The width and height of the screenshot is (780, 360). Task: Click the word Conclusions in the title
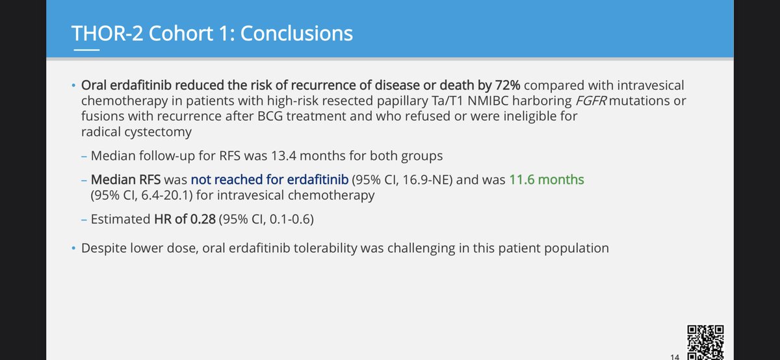coord(296,33)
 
